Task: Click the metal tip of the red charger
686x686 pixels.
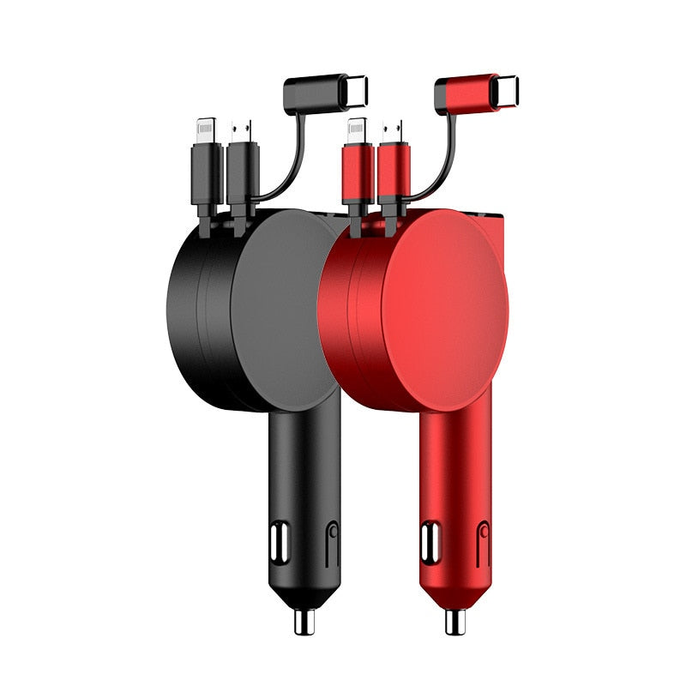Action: click(x=455, y=621)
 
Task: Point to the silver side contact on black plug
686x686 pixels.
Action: click(x=278, y=542)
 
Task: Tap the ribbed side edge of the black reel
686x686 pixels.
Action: click(x=193, y=309)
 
